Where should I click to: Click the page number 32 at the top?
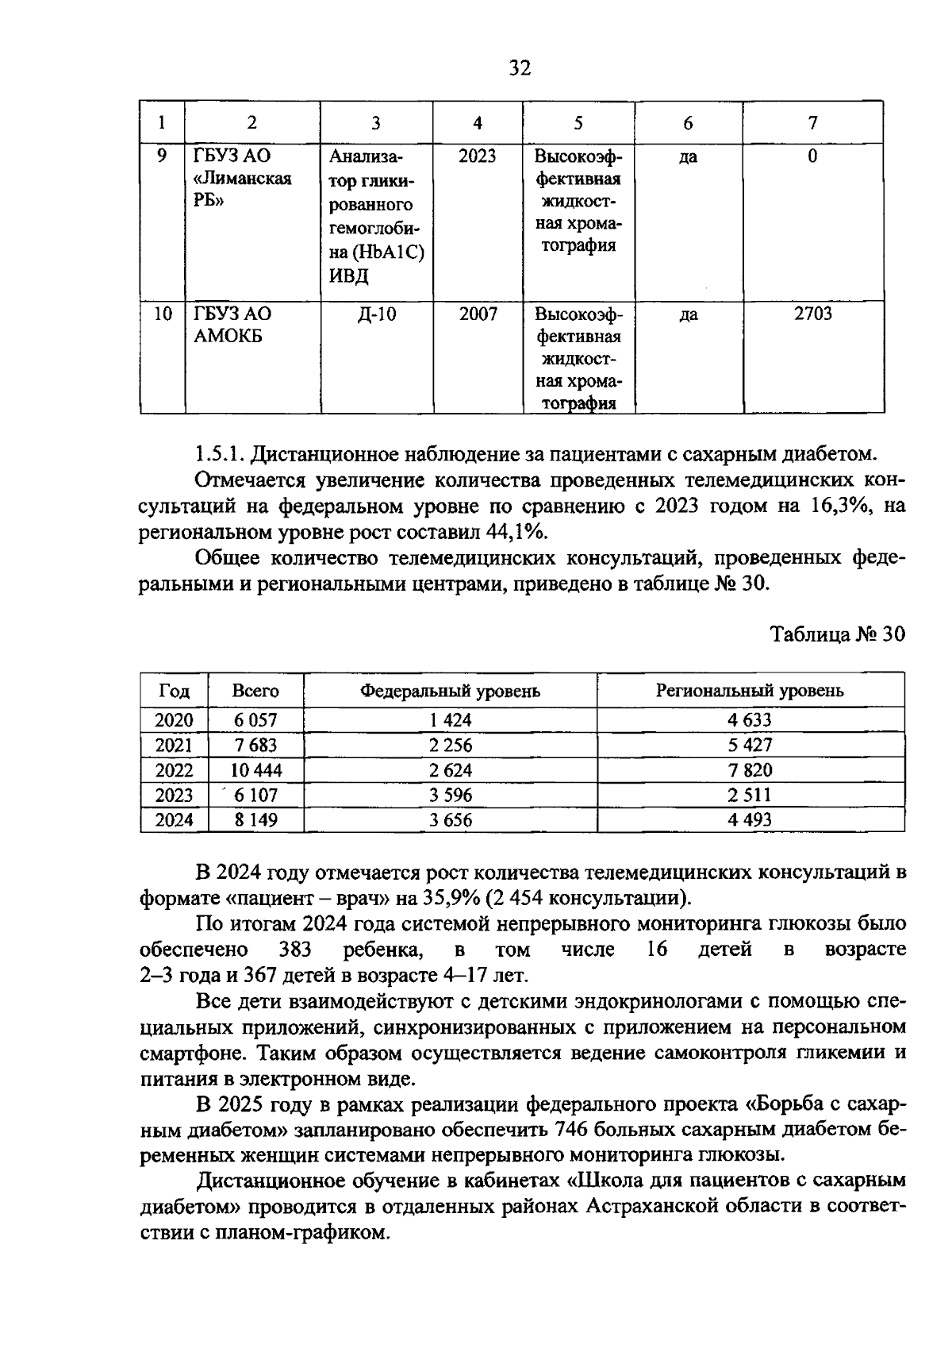click(x=519, y=68)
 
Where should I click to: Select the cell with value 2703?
click(x=812, y=314)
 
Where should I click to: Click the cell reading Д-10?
click(x=376, y=314)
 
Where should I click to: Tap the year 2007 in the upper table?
click(x=478, y=314)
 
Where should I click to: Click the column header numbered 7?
click(x=812, y=122)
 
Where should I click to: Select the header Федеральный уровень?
click(x=450, y=691)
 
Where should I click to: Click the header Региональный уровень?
click(x=750, y=691)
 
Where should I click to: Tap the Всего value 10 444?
click(x=255, y=770)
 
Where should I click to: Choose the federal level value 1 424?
click(x=450, y=721)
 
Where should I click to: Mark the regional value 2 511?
click(x=750, y=795)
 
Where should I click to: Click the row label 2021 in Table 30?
click(x=174, y=746)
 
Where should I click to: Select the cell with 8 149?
click(x=255, y=820)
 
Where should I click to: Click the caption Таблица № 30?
click(x=838, y=635)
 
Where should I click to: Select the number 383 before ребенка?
click(x=296, y=950)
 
